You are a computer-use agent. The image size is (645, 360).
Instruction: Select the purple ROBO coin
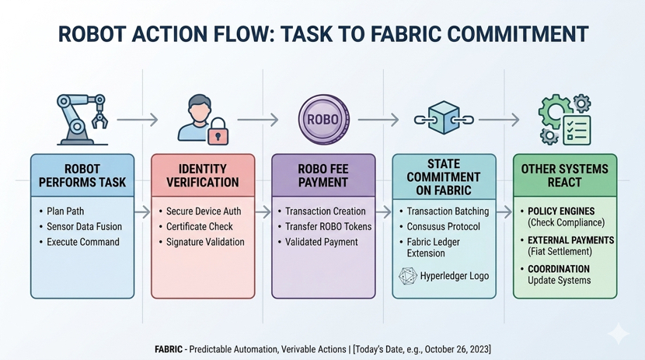pyautogui.click(x=322, y=120)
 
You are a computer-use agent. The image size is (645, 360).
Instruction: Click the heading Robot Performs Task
pyautogui.click(x=82, y=175)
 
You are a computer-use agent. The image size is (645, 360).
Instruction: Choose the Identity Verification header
pyautogui.click(x=202, y=175)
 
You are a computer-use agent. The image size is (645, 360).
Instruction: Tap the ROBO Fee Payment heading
pyautogui.click(x=322, y=175)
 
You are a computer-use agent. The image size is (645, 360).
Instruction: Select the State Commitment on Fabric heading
pyautogui.click(x=443, y=177)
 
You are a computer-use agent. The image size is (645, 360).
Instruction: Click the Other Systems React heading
pyautogui.click(x=564, y=175)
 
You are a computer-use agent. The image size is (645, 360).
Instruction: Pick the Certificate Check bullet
pyautogui.click(x=200, y=226)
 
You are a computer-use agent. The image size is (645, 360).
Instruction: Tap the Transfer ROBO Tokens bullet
pyautogui.click(x=328, y=226)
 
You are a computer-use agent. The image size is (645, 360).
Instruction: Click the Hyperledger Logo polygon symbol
pyautogui.click(x=407, y=276)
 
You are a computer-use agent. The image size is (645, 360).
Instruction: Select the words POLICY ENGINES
pyautogui.click(x=561, y=211)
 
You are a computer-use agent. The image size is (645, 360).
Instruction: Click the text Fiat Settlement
pyautogui.click(x=560, y=251)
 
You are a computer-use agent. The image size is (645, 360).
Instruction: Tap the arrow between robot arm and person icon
pyautogui.click(x=140, y=120)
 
